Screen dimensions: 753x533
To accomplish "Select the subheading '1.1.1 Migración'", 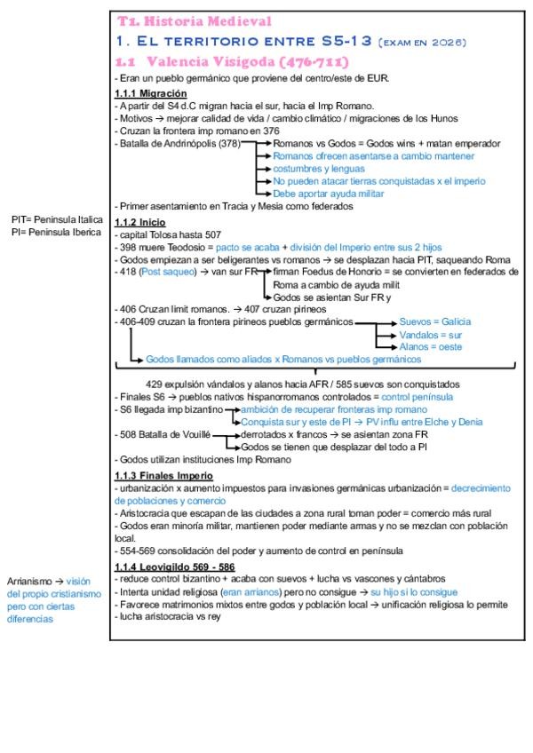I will coord(150,94).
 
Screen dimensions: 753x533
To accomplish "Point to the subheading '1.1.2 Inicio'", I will coord(140,222).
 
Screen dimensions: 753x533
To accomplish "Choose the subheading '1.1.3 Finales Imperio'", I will coord(163,476).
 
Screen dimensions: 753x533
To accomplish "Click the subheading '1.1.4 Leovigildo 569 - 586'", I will coord(174,567).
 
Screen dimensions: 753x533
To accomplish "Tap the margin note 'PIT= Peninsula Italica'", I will coord(57,218).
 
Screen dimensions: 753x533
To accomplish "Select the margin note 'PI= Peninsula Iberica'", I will coord(56,231).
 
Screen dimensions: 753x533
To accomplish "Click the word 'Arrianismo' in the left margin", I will coord(31,582).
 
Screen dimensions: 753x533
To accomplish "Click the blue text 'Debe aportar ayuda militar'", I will coord(328,193).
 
